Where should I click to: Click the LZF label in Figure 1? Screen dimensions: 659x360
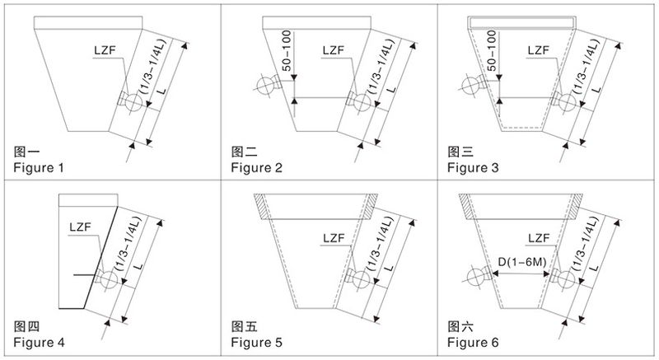click(x=105, y=50)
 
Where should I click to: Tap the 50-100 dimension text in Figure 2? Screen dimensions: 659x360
click(x=287, y=50)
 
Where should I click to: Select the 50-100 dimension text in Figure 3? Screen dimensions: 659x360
click(x=491, y=50)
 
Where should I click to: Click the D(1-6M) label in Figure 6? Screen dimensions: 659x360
click(x=522, y=262)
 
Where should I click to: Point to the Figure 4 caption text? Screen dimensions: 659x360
click(x=39, y=343)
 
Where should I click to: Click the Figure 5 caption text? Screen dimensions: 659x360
click(x=256, y=343)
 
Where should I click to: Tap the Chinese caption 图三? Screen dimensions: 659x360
click(x=460, y=152)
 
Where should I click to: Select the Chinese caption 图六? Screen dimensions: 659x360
click(x=460, y=326)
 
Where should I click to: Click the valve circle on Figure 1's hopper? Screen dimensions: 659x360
click(x=133, y=102)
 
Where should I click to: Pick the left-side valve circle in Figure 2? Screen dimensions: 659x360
click(x=265, y=86)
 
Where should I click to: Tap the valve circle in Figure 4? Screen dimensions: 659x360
click(x=109, y=280)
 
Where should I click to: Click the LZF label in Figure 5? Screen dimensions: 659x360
click(x=334, y=239)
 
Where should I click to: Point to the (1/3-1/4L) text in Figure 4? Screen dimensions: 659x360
click(x=132, y=244)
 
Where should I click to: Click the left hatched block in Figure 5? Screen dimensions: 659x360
click(x=261, y=206)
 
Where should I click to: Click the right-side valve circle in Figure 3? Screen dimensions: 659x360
click(x=567, y=102)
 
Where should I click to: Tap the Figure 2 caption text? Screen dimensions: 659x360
click(x=256, y=167)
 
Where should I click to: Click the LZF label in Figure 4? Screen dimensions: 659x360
click(x=80, y=227)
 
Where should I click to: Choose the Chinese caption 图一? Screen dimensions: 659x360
click(x=26, y=152)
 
